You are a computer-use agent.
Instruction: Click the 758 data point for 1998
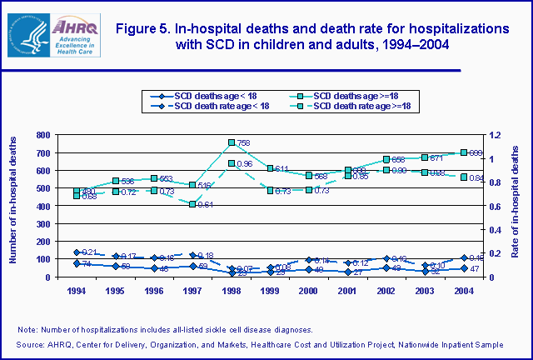(231, 142)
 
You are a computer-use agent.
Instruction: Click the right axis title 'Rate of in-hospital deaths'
(518, 206)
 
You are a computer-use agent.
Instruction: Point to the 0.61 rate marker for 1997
(192, 204)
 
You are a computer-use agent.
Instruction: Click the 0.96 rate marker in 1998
(231, 163)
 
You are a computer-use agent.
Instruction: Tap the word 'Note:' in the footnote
(27, 330)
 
